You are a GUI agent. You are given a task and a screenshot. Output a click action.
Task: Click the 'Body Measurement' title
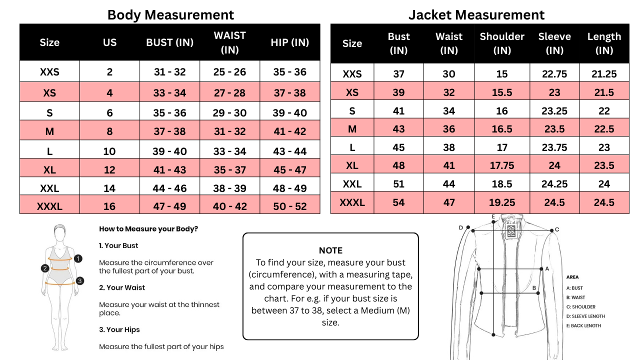170,14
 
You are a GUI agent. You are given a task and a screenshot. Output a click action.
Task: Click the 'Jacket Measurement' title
476,14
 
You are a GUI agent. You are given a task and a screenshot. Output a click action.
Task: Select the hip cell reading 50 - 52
289,206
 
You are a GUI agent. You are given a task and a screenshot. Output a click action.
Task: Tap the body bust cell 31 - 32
169,72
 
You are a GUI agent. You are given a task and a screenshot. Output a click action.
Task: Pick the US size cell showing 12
109,170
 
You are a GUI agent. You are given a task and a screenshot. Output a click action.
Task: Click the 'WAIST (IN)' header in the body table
229,42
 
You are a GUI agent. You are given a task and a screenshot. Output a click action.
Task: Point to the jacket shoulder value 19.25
501,202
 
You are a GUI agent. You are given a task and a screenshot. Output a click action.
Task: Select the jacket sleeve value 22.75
554,74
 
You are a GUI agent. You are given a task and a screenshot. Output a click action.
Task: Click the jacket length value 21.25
604,74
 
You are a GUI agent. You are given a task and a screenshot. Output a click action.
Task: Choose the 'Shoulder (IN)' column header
501,43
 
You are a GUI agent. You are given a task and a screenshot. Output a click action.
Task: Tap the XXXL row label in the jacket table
352,202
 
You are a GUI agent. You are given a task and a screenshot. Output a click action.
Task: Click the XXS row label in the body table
49,72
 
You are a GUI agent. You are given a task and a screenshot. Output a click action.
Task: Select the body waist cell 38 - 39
229,188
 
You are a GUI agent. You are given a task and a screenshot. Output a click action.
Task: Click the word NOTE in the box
330,250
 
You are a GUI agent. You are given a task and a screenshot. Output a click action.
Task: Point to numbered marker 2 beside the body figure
44,268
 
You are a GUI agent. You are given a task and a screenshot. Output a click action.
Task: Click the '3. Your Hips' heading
119,329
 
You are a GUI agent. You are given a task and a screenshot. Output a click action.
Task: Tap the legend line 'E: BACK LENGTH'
583,325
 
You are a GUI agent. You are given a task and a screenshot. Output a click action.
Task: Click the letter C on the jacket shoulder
557,230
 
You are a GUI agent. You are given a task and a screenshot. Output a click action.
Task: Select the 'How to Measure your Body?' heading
148,229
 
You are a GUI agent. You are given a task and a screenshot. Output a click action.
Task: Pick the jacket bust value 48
398,165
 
